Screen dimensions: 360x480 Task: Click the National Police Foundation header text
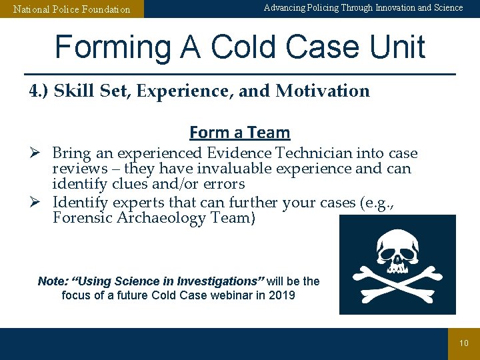pyautogui.click(x=72, y=9)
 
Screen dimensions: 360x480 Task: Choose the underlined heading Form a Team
pyautogui.click(x=239, y=133)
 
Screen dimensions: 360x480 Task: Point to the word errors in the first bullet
pyautogui.click(x=223, y=184)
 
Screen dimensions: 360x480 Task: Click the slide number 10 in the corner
pyautogui.click(x=464, y=343)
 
